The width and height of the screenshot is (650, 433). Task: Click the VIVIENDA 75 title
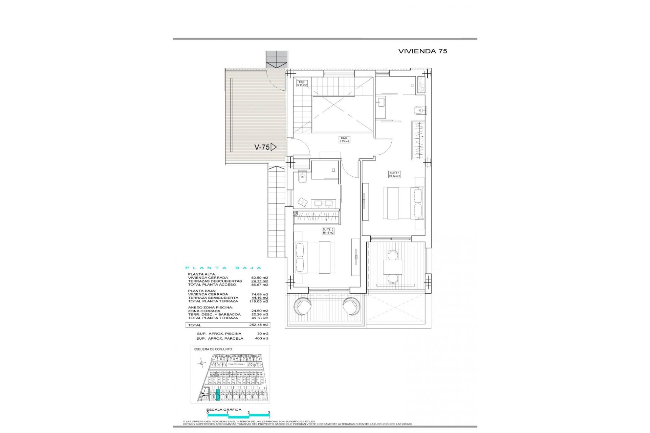pyautogui.click(x=422, y=51)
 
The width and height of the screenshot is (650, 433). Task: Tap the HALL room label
pyautogui.click(x=344, y=140)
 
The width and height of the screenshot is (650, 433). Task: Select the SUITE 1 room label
pyautogui.click(x=394, y=175)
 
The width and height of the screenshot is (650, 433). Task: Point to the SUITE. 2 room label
pyautogui.click(x=328, y=231)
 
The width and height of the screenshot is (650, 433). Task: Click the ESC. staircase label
pyautogui.click(x=302, y=84)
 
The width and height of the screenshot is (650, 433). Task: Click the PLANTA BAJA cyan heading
pyautogui.click(x=223, y=268)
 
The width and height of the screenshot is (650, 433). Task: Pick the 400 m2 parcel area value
pyautogui.click(x=261, y=338)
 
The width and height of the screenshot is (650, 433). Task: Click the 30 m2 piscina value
pyautogui.click(x=262, y=334)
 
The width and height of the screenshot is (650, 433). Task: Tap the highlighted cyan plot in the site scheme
pyautogui.click(x=218, y=395)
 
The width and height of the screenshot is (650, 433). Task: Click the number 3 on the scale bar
pyautogui.click(x=269, y=413)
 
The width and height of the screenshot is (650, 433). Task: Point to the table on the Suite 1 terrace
pyautogui.click(x=392, y=267)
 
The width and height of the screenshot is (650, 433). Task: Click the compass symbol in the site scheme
pyautogui.click(x=202, y=364)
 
